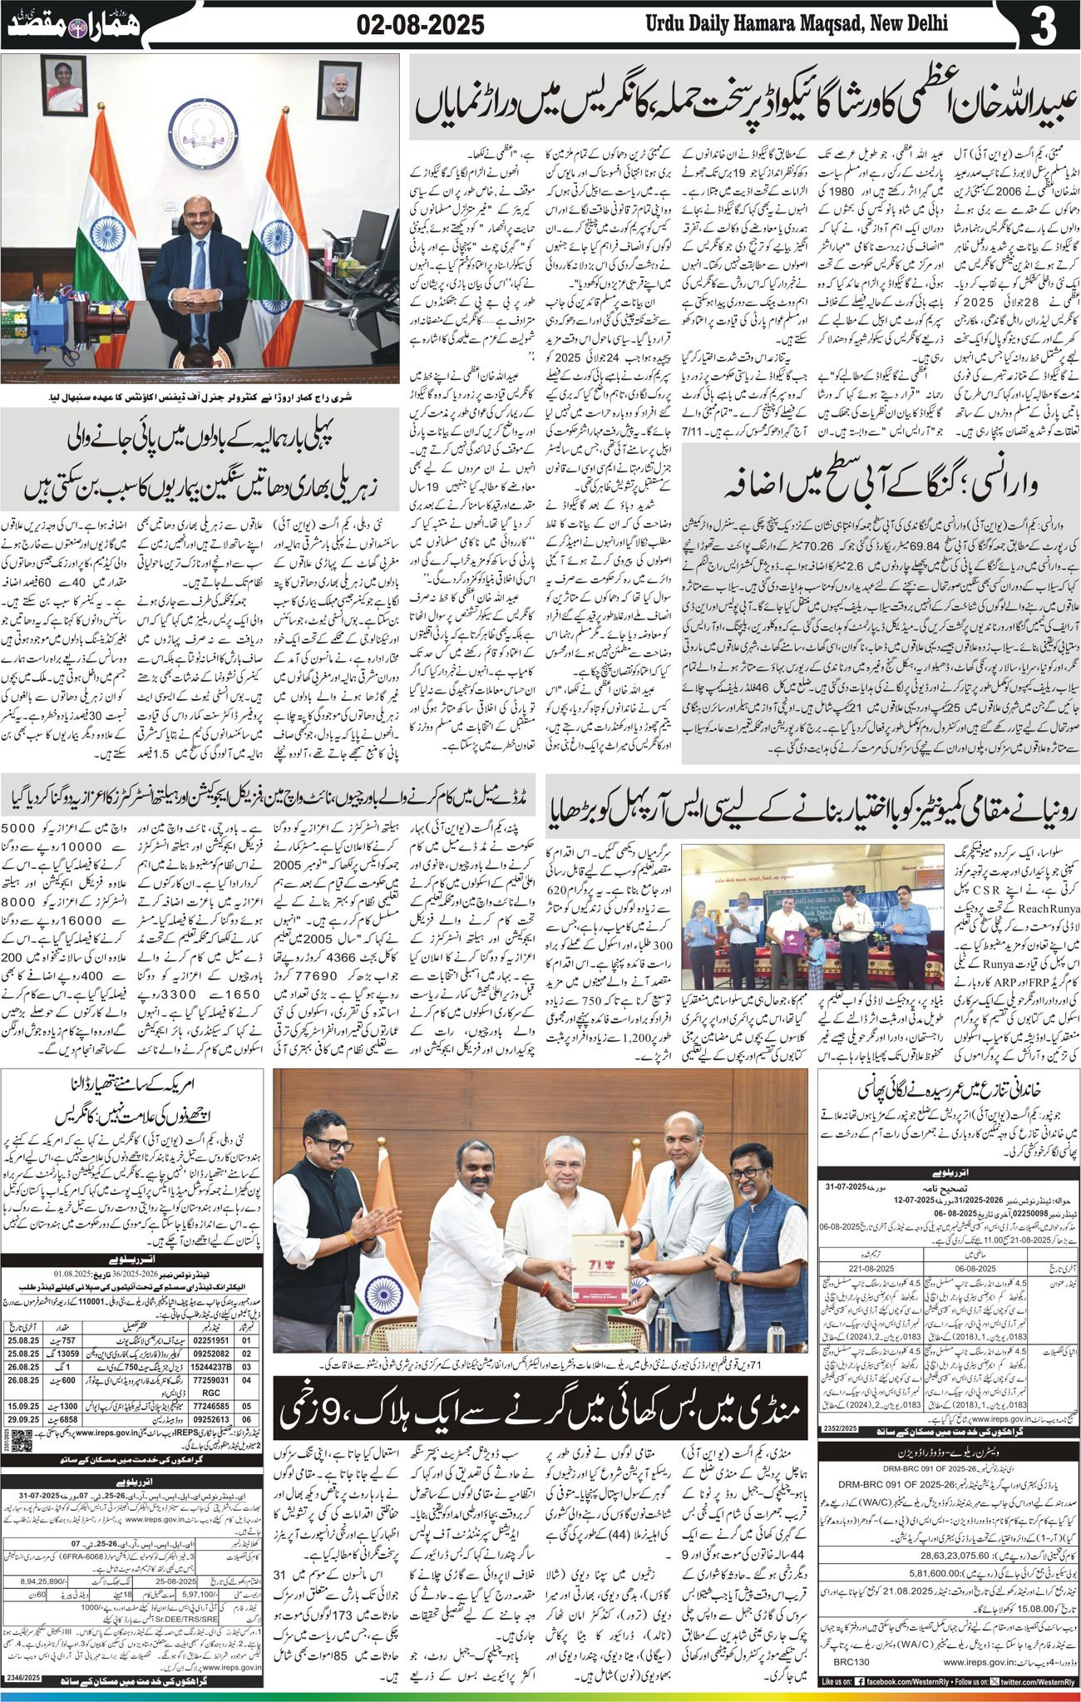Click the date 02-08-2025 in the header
click(421, 26)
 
